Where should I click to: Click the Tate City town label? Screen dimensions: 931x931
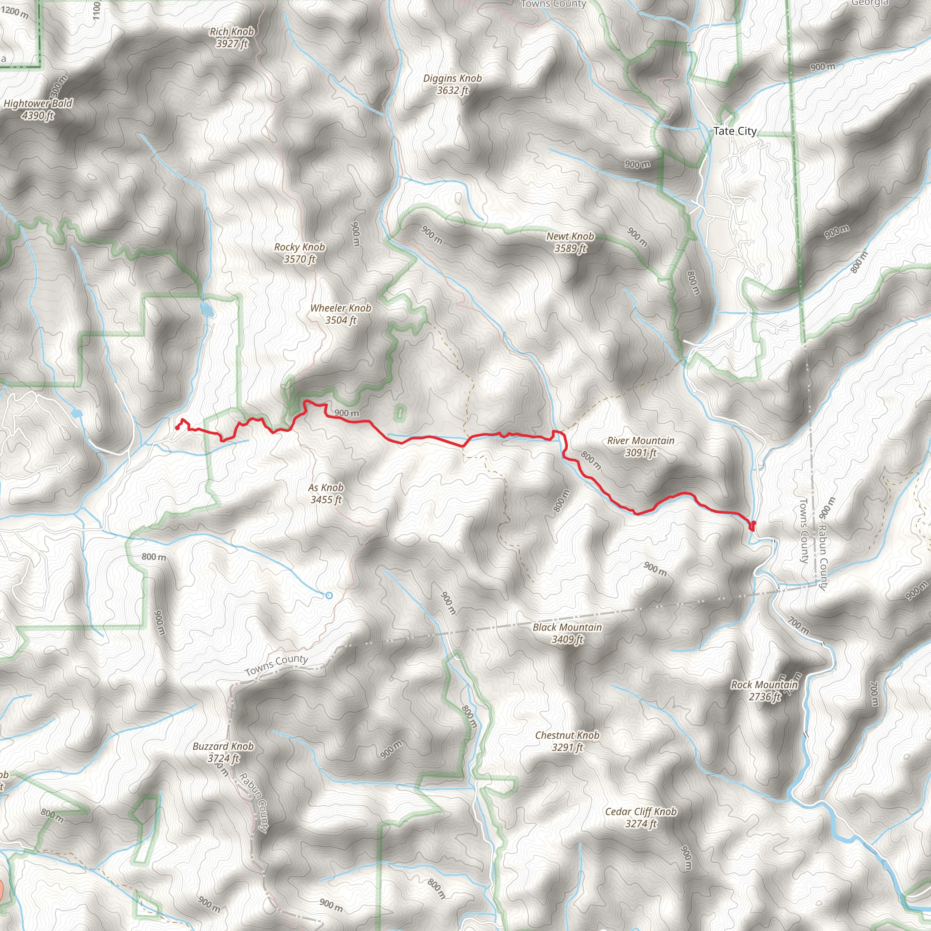[735, 131]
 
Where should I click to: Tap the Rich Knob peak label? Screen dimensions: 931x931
[232, 32]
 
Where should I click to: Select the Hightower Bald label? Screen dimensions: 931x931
[38, 103]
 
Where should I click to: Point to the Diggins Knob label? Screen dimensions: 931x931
[452, 78]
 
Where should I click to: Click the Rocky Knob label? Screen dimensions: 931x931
[299, 247]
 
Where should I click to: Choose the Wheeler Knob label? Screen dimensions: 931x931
[340, 308]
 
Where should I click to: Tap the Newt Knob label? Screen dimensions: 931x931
[570, 236]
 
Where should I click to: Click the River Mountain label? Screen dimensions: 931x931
[641, 440]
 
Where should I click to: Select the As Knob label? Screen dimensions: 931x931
[326, 488]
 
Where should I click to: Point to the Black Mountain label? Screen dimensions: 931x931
[567, 627]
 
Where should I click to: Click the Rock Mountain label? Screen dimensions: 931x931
[764, 684]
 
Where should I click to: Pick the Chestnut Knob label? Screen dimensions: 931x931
[567, 735]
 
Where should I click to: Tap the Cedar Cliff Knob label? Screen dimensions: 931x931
[641, 811]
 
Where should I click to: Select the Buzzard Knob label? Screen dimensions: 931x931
[223, 746]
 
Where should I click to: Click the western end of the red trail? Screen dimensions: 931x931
[178, 428]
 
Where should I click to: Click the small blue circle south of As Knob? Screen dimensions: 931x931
[329, 596]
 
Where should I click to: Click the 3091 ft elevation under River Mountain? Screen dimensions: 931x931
[641, 452]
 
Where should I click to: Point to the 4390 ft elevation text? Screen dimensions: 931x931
[38, 115]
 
